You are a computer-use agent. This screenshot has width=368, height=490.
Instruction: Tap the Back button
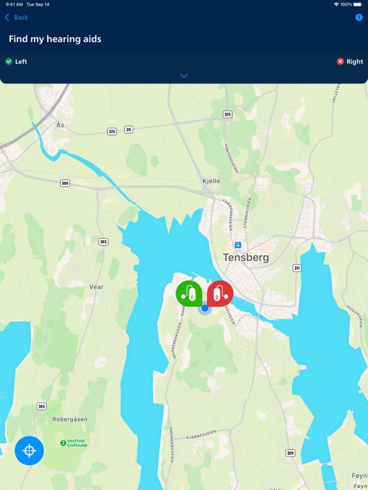point(17,17)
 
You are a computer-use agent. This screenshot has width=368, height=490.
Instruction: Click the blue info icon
point(359,17)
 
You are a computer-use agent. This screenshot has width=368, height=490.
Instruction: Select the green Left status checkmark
point(9,61)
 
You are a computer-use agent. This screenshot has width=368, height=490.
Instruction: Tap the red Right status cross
point(341,61)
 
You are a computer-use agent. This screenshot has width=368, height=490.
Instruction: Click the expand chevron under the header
point(184,76)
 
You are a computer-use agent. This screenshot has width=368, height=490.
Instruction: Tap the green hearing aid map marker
point(188,293)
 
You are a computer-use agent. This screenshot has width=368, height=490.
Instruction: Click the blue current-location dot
point(205,308)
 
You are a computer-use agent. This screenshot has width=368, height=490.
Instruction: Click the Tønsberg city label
point(246,258)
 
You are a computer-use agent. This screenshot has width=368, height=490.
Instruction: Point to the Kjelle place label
point(211,181)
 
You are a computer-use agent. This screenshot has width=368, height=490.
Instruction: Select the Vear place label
point(96,287)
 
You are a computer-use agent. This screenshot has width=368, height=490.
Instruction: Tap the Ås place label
point(61,125)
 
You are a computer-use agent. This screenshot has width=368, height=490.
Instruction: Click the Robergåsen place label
point(70,420)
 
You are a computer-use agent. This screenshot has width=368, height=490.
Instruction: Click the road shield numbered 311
point(297,268)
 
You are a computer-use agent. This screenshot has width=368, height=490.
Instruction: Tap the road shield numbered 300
point(65,183)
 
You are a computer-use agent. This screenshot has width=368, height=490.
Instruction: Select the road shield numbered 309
point(291,453)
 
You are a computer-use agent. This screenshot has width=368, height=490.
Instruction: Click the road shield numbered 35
point(128,130)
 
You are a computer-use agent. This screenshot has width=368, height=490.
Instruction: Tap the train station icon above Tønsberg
point(238,244)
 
